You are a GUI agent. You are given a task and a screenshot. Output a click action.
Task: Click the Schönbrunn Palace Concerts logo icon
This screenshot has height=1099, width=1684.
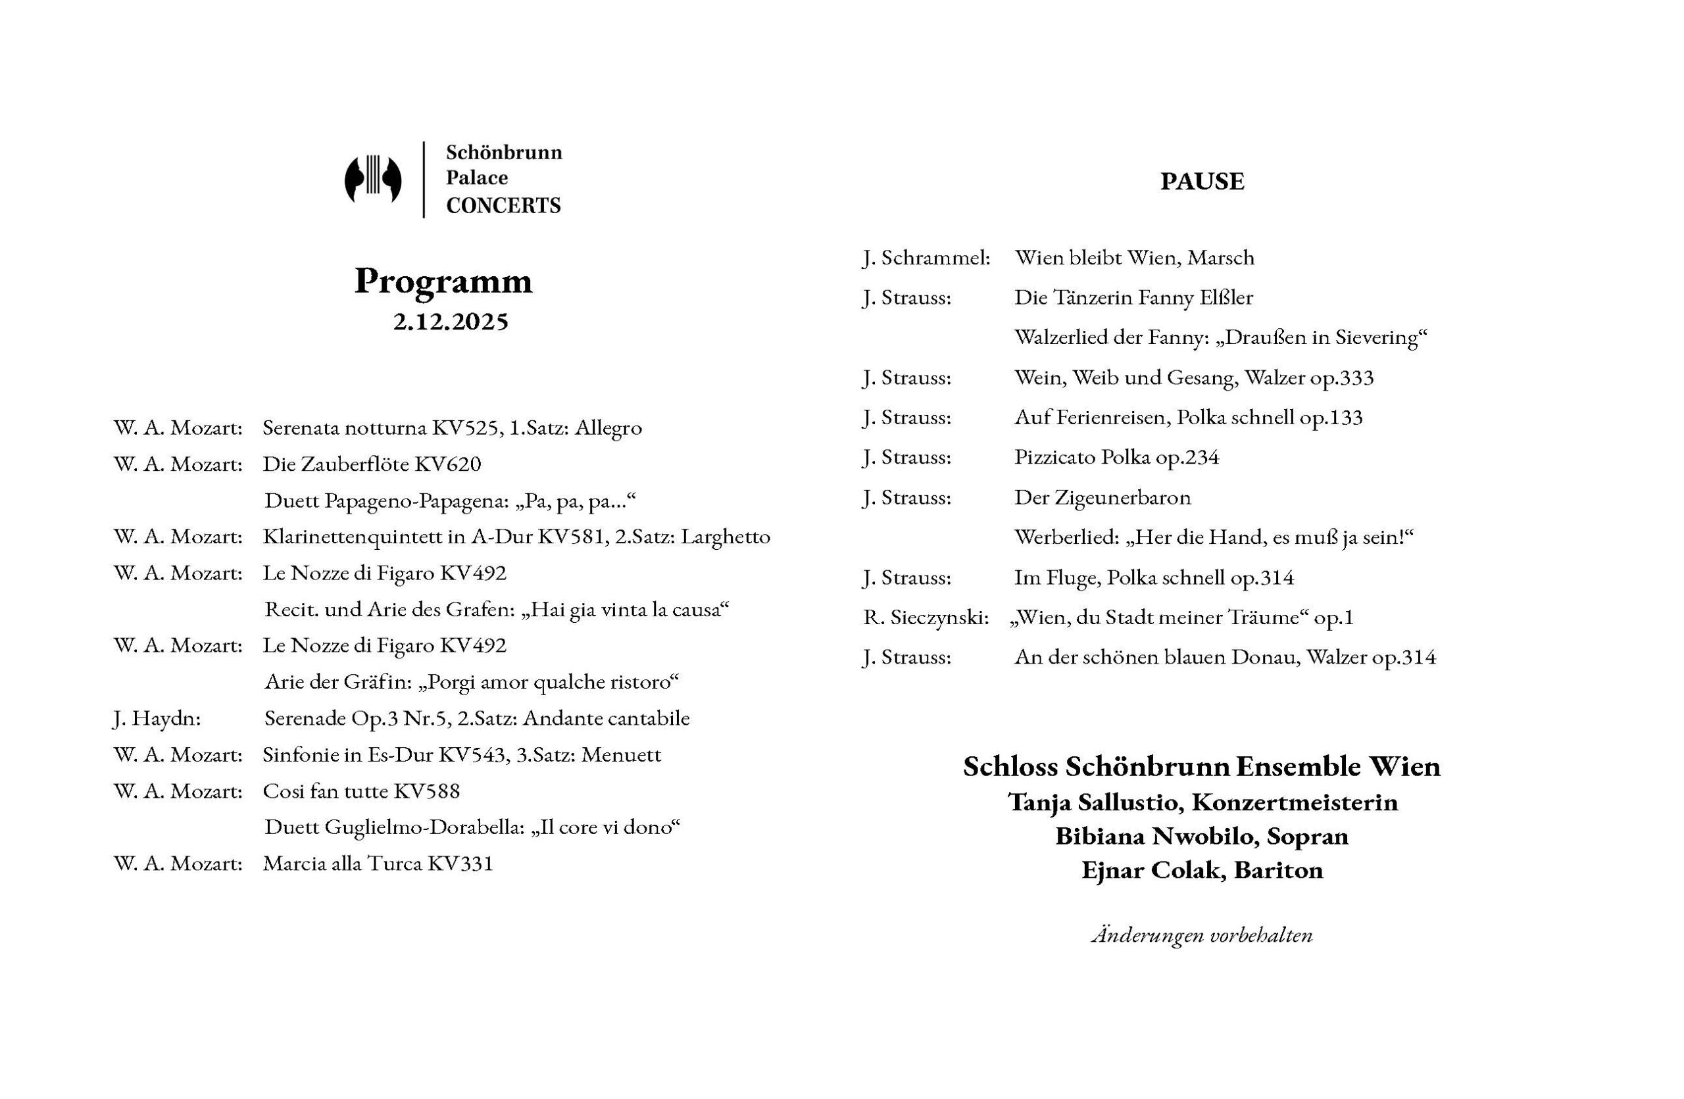tap(373, 180)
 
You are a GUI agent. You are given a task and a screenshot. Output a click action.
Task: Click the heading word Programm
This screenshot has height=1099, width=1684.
tap(443, 281)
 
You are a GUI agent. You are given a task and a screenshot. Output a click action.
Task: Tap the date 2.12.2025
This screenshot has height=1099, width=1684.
tap(451, 322)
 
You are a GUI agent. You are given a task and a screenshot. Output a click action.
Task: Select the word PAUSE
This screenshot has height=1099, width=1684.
tap(1201, 182)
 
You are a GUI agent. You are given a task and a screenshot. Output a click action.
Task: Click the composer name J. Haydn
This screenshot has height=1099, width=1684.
tap(157, 718)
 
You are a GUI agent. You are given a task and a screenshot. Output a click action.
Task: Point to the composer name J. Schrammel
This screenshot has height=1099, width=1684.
tap(926, 258)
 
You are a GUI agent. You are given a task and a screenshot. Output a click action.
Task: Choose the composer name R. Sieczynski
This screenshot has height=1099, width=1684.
tap(926, 618)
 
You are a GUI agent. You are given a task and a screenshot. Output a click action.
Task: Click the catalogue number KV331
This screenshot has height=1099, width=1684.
tap(459, 864)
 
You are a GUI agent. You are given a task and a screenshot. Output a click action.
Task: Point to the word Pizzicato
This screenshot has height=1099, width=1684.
tap(1054, 458)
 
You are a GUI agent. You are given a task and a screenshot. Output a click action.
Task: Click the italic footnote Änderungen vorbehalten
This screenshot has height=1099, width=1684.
tap(1201, 936)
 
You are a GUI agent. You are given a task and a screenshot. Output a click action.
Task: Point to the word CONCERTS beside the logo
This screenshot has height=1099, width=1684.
tap(503, 206)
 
